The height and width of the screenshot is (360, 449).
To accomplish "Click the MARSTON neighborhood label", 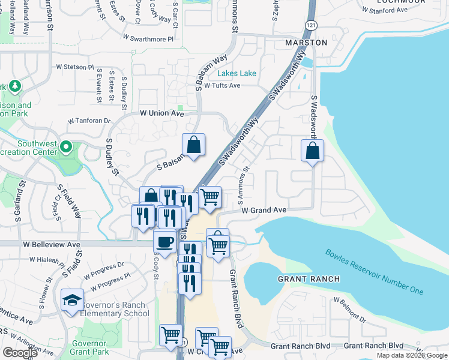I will tap(306, 43).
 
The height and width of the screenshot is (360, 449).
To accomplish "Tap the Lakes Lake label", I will tap(237, 74).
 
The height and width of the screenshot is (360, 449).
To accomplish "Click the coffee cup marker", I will tap(164, 242).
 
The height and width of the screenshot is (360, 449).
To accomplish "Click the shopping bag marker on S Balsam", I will tap(194, 145).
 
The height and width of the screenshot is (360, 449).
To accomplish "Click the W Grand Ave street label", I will tap(264, 211).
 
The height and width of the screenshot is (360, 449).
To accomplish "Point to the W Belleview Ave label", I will tap(52, 245).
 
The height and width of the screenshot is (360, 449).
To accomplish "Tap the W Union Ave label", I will tap(161, 113).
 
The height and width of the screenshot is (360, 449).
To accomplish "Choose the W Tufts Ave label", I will tap(222, 86).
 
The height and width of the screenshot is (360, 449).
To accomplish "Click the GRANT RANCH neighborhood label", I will tap(309, 280).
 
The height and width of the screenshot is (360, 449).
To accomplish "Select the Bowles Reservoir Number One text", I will tap(375, 272).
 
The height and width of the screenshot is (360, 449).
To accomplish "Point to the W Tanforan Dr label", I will tap(89, 121).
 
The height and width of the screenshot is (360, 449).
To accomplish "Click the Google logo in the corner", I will tap(20, 353).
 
